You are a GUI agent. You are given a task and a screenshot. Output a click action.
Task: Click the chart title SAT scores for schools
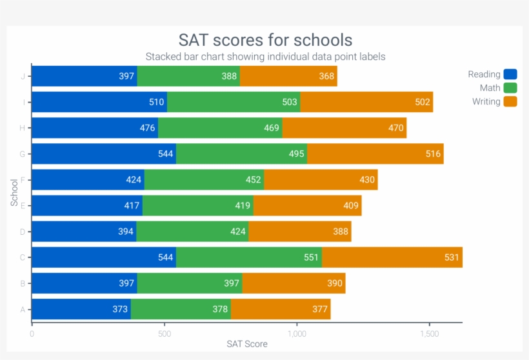265,40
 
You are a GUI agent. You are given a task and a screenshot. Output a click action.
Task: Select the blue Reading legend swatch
510,74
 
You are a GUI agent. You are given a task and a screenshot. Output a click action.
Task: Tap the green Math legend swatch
510,88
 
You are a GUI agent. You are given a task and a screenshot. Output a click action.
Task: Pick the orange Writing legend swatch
510,101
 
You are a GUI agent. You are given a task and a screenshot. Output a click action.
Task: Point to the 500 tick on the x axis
165,334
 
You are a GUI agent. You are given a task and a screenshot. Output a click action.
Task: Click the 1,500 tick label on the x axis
429,334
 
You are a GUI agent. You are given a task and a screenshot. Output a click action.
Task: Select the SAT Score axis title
247,344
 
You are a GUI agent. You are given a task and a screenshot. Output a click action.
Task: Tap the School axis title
14,192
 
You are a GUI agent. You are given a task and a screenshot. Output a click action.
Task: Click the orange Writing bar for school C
392,257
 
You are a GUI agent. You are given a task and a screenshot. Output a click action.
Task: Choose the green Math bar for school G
241,154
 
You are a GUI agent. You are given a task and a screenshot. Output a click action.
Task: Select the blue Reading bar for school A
81,309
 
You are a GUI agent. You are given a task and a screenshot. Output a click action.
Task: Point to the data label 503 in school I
290,102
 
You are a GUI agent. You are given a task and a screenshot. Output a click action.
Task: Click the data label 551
312,257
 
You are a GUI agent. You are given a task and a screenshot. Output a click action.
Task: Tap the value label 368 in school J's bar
326,76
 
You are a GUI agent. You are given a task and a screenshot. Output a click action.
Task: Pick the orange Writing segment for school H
344,128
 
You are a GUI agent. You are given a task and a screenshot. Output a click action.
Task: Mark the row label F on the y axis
23,180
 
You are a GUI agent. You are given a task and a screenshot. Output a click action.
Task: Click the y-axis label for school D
23,232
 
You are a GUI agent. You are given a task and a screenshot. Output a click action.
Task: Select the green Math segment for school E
197,206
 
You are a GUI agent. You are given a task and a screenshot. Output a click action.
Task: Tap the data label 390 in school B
335,283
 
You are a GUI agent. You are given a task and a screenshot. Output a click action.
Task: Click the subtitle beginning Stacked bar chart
265,57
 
